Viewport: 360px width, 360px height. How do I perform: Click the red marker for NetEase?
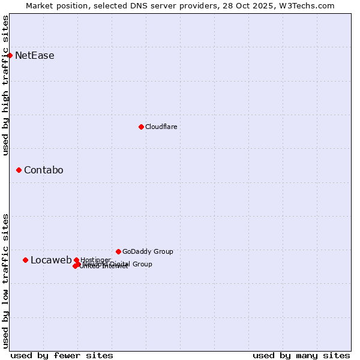click(x=10, y=56)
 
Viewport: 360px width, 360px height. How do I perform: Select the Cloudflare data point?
click(x=141, y=127)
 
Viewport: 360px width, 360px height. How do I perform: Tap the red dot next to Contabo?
click(x=19, y=170)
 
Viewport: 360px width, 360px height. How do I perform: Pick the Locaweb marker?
click(x=25, y=260)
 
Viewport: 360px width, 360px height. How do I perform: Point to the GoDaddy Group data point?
click(x=118, y=251)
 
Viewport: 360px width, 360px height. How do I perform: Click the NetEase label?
click(x=35, y=56)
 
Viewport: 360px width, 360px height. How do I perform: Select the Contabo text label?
click(x=44, y=170)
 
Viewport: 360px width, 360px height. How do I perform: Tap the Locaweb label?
click(x=51, y=260)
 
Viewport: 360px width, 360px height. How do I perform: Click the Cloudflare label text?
click(x=161, y=127)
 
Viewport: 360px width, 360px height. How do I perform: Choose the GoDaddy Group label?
click(x=148, y=251)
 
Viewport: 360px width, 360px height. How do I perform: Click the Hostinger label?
click(x=95, y=260)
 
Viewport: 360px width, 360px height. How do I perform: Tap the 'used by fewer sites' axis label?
click(x=62, y=355)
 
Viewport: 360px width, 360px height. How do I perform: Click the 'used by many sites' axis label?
click(x=301, y=355)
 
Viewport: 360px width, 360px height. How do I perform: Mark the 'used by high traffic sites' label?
click(x=5, y=85)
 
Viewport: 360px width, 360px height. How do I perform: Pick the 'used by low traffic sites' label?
click(x=5, y=281)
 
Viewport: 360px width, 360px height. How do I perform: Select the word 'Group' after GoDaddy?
click(x=163, y=251)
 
